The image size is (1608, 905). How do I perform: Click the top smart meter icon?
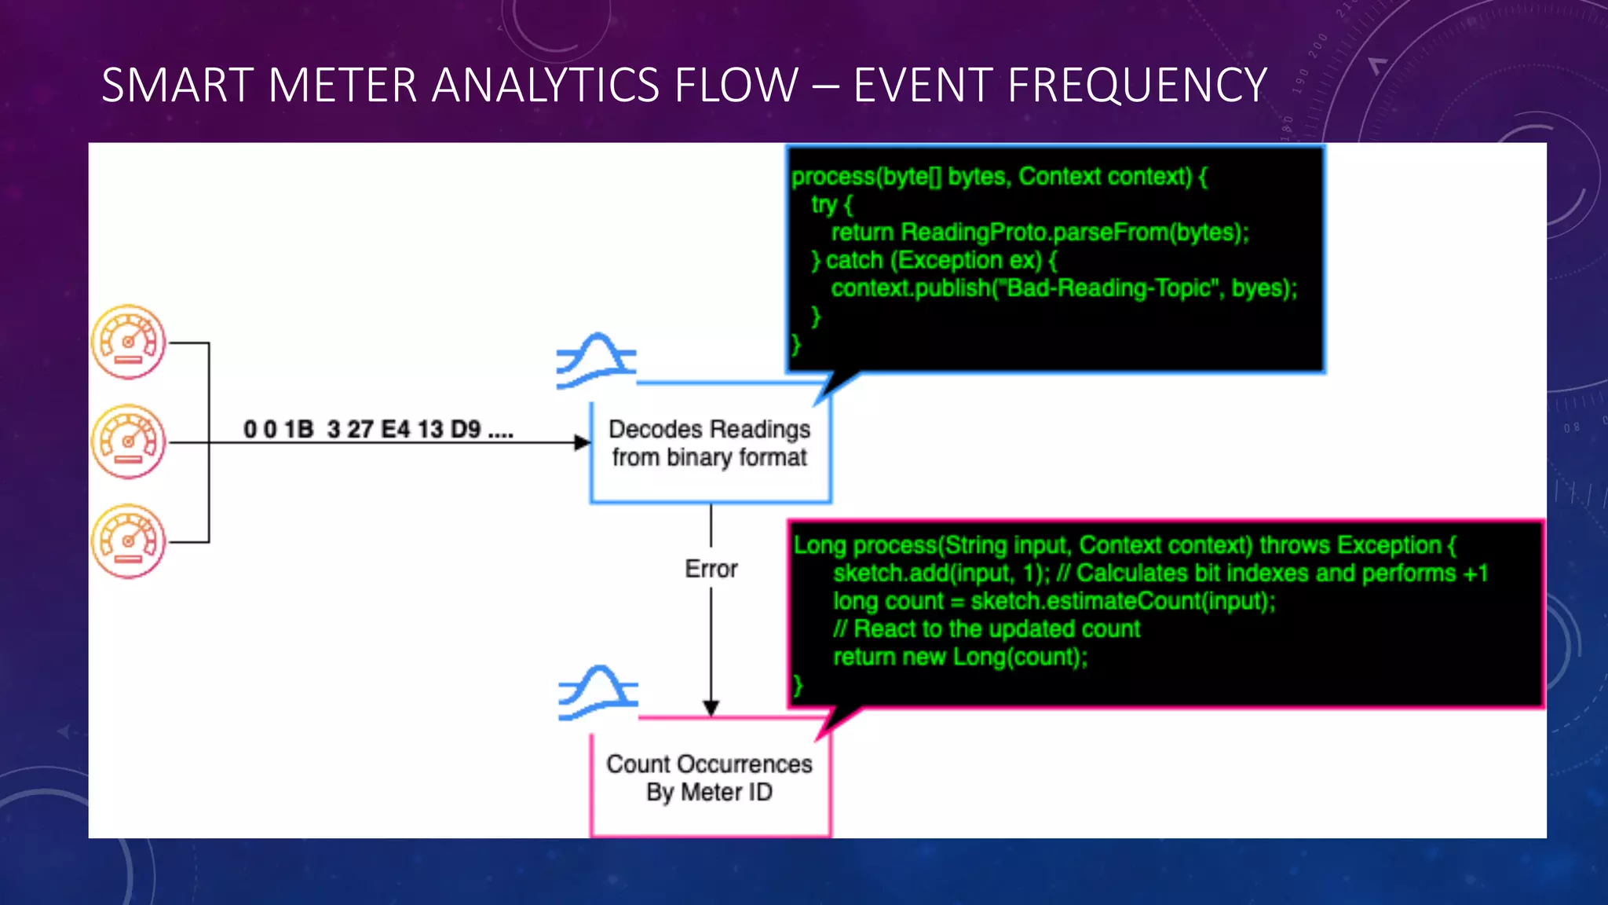(128, 342)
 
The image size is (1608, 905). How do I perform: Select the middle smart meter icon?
(128, 442)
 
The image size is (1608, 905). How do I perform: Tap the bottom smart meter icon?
(128, 541)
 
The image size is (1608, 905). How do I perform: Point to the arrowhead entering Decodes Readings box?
(582, 443)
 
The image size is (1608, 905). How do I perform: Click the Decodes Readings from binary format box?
(710, 444)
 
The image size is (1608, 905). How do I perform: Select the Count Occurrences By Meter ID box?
(710, 778)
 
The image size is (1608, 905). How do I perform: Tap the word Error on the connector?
(711, 569)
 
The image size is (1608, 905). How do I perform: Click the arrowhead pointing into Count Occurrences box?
(711, 708)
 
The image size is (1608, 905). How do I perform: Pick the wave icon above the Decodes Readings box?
(596, 361)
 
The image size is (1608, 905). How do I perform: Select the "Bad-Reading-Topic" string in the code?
(1109, 288)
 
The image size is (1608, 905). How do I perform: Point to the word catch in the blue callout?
(854, 260)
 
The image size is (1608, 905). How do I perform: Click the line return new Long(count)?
(959, 657)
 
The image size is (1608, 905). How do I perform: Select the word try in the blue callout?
(824, 204)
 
